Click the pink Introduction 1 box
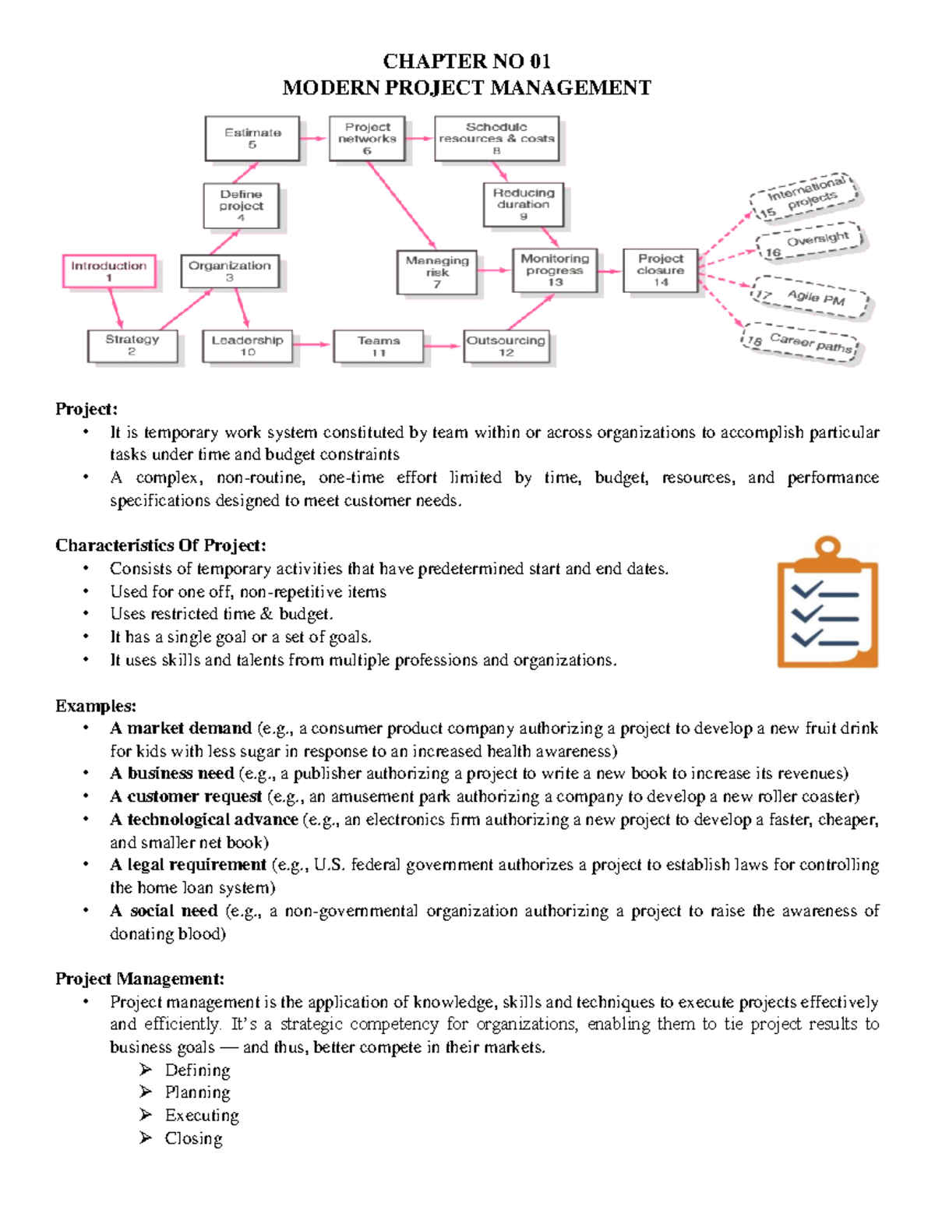109,271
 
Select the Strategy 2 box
132,345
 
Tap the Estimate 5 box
252,138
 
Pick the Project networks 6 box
367,138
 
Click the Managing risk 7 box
437,272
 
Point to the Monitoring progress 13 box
555,270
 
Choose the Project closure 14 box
660,270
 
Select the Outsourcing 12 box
506,346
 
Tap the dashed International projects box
803,197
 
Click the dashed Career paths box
800,344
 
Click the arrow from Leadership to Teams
312,344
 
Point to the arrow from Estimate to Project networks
314,139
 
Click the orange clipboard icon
827,603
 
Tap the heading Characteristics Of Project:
161,545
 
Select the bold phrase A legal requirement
188,865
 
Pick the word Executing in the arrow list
202,1116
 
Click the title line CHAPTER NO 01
467,62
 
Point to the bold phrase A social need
164,911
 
